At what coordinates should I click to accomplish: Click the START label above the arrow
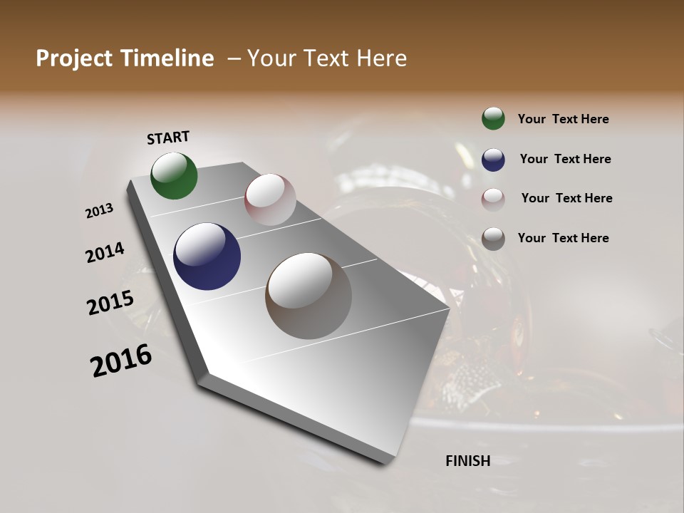click(168, 138)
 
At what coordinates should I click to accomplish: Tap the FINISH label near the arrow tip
click(468, 461)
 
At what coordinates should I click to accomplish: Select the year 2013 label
click(100, 211)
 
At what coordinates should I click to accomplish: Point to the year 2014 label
click(105, 252)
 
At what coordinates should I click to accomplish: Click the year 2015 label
click(110, 303)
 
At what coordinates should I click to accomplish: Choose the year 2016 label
click(121, 361)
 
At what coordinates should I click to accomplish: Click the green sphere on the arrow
click(174, 175)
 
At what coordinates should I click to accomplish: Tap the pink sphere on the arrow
click(270, 199)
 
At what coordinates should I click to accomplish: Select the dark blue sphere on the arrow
click(207, 256)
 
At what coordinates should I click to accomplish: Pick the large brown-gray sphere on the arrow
click(309, 296)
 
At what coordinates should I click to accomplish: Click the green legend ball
click(493, 118)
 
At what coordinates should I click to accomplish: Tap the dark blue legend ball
click(493, 159)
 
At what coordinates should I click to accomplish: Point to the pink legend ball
click(493, 199)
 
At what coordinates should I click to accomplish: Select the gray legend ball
click(493, 238)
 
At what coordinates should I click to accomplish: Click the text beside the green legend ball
click(563, 119)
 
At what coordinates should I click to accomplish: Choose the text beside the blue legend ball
click(565, 159)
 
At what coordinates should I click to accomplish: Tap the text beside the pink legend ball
click(566, 198)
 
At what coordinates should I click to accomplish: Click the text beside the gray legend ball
click(563, 238)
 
